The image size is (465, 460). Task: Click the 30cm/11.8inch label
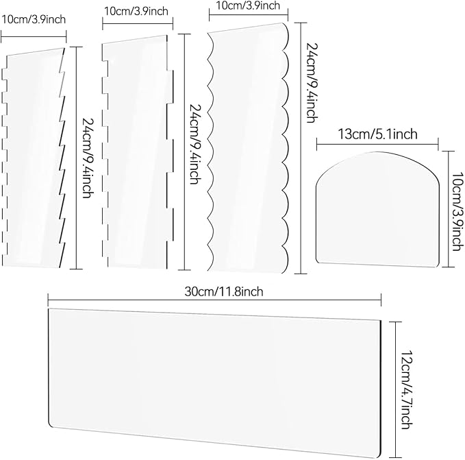[224, 291]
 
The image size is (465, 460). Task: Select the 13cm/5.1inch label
[377, 134]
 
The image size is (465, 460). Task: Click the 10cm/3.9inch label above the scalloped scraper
[248, 5]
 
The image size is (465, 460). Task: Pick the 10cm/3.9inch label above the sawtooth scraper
[34, 20]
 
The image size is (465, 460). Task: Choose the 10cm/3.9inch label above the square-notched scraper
[136, 11]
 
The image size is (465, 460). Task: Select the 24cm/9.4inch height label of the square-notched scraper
[195, 144]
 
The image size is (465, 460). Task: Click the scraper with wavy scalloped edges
[248, 148]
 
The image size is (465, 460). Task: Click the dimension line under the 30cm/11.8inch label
[214, 300]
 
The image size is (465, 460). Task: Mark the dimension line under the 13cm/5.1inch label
[377, 144]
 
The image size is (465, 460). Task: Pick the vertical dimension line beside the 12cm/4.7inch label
[396, 389]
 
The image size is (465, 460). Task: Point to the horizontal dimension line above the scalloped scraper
[249, 14]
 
